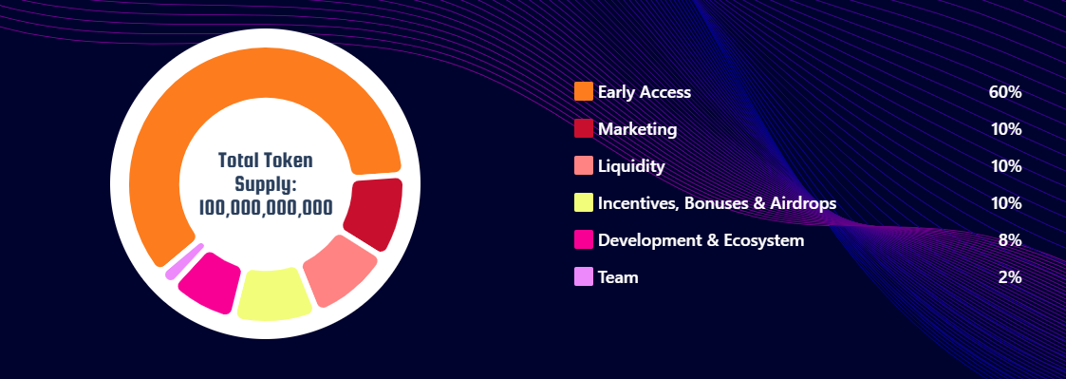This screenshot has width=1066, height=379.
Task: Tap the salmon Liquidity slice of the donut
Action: coord(339,270)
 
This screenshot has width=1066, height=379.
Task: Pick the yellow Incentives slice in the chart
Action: coord(273,294)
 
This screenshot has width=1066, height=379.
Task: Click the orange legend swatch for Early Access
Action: coord(583,91)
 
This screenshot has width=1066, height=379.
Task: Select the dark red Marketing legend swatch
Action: coord(583,128)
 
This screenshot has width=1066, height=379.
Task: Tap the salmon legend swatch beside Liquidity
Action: coord(583,165)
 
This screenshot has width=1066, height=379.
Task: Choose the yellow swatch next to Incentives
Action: coord(583,202)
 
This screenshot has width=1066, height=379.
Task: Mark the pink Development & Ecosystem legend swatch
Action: coord(583,239)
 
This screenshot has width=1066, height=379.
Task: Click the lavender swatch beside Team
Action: coord(583,277)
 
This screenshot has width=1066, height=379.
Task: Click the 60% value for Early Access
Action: coord(1005,92)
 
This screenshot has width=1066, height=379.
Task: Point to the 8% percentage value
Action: coord(1011,240)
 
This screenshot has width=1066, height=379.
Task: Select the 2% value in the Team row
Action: coord(1011,277)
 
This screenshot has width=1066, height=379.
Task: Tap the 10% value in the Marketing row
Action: coord(1006,128)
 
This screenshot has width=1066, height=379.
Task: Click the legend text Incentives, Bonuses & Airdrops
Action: coord(718,203)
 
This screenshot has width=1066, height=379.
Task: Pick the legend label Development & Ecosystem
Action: coord(701,240)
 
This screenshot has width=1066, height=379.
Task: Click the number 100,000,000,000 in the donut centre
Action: coord(266,207)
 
